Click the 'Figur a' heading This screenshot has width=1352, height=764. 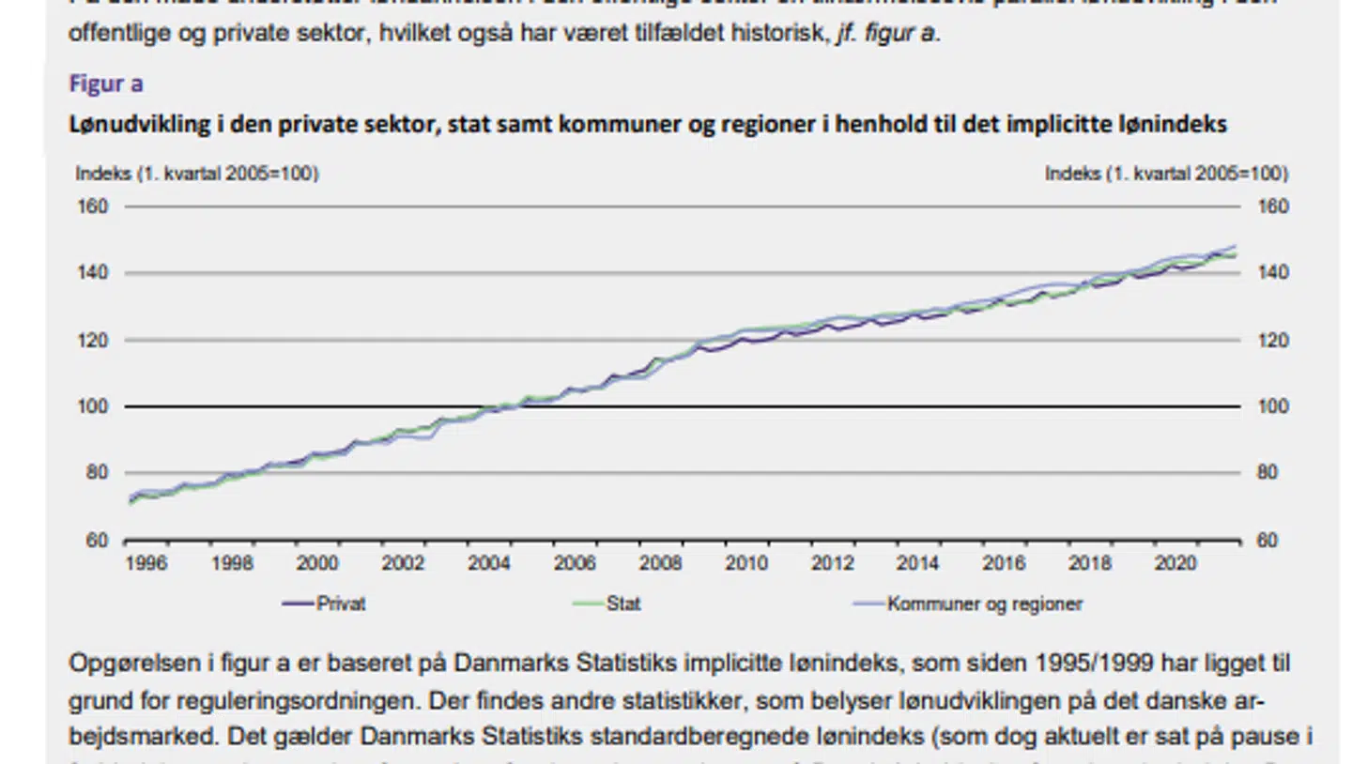[106, 84]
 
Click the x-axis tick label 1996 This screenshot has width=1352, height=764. [146, 563]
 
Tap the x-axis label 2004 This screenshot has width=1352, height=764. [489, 563]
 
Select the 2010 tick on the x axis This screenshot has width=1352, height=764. [746, 563]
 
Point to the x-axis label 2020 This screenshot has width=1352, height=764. [1175, 563]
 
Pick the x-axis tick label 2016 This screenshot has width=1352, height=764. [1004, 563]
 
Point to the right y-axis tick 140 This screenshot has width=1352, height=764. [1273, 273]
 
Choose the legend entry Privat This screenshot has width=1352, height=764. [341, 604]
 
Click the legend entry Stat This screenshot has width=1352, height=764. [623, 604]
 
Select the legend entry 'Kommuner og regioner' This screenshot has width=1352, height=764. [984, 604]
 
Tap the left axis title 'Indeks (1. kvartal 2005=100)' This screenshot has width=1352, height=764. [197, 174]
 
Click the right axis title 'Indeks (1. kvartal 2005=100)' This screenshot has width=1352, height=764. [1166, 174]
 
